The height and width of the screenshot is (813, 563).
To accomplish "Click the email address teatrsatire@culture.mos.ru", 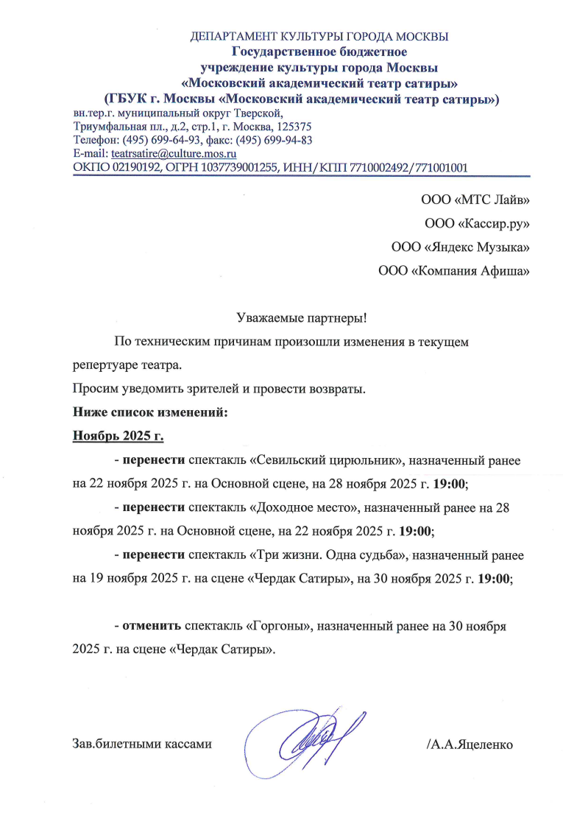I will point(173,154).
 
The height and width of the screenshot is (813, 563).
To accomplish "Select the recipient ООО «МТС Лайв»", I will point(475,199).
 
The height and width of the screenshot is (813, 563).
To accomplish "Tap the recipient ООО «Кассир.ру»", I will point(477,222).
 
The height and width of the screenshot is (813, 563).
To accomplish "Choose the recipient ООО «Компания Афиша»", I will point(453,270).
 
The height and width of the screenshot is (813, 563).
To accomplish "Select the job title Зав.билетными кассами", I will point(143,744).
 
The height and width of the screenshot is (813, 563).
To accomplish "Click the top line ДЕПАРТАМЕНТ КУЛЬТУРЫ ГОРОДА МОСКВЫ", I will point(319,36).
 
